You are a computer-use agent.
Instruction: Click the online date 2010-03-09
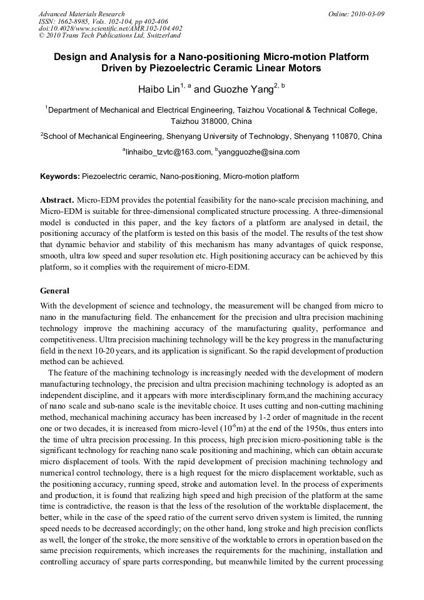pyautogui.click(x=370, y=13)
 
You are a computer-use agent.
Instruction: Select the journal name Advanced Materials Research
pyautogui.click(x=81, y=13)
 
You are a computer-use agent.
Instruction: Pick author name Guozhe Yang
pyautogui.click(x=243, y=89)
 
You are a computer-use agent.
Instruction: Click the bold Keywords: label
pyautogui.click(x=60, y=176)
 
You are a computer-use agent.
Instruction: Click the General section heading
pyautogui.click(x=55, y=291)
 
